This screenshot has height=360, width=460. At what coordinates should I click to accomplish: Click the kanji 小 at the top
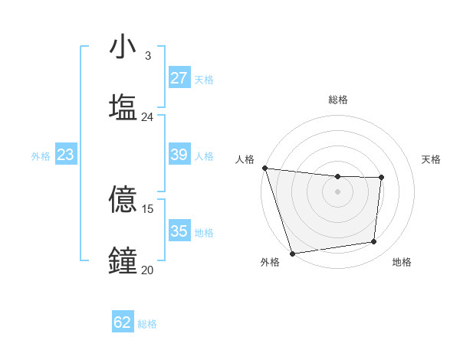(123, 47)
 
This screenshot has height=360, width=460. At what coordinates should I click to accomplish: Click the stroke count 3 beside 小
(147, 56)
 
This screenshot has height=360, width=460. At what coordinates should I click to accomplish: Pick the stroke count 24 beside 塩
(147, 117)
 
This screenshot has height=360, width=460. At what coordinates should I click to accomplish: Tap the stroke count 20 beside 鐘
(147, 270)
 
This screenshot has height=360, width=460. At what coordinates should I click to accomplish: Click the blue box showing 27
(179, 78)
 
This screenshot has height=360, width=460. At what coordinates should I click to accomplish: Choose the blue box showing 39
(179, 155)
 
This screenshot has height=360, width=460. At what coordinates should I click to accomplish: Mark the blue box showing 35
(179, 231)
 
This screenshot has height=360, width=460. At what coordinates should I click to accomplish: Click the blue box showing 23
(66, 155)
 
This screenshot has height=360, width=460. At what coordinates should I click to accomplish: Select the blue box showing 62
(123, 322)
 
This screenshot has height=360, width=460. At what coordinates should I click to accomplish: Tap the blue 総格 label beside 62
(147, 324)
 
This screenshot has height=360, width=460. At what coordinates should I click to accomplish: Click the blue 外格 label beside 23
(41, 156)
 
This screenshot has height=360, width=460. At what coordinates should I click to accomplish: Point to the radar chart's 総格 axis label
(338, 100)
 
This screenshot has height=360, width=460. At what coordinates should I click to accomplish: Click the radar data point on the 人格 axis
(264, 168)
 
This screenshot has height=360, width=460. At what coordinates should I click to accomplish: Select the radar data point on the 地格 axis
(374, 242)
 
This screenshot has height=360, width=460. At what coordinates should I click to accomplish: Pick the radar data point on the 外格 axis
(292, 253)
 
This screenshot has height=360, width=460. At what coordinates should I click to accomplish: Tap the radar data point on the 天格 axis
(381, 178)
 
